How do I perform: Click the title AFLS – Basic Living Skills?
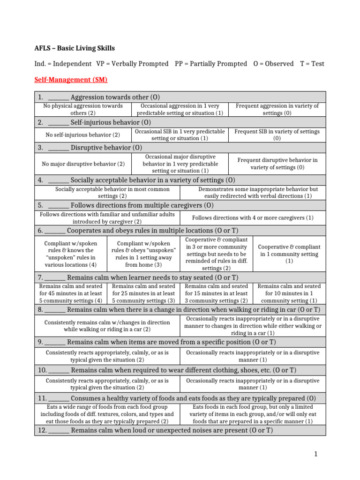click(x=75, y=48)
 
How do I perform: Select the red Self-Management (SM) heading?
click(x=71, y=80)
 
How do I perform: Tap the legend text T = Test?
click(x=312, y=64)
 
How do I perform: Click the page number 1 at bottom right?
click(x=316, y=454)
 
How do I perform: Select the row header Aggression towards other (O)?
click(x=115, y=97)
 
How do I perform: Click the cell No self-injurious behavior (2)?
click(x=82, y=135)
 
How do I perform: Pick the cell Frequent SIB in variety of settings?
click(x=277, y=135)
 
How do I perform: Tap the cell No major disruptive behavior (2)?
click(x=83, y=164)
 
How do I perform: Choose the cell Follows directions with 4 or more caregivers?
click(x=253, y=217)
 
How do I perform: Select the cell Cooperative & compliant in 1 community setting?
click(x=289, y=254)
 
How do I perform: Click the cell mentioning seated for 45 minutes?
click(x=71, y=293)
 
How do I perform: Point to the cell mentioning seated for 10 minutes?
click(x=289, y=293)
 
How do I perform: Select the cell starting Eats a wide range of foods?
click(x=107, y=414)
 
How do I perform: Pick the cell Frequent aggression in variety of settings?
click(x=277, y=109)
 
